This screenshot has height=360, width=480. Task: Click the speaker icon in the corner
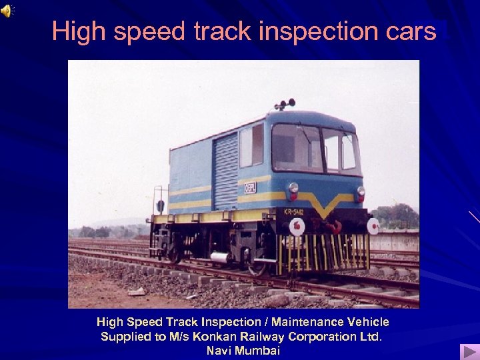(7, 10)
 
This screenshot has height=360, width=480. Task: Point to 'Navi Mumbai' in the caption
(243, 350)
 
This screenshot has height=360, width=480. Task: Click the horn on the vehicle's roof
(285, 105)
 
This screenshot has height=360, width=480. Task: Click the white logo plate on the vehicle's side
(251, 187)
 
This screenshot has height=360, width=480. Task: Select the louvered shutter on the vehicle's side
(225, 170)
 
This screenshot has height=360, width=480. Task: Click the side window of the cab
(251, 146)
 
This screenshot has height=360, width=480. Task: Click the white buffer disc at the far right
(373, 225)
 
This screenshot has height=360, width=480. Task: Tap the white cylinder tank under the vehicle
(219, 257)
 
